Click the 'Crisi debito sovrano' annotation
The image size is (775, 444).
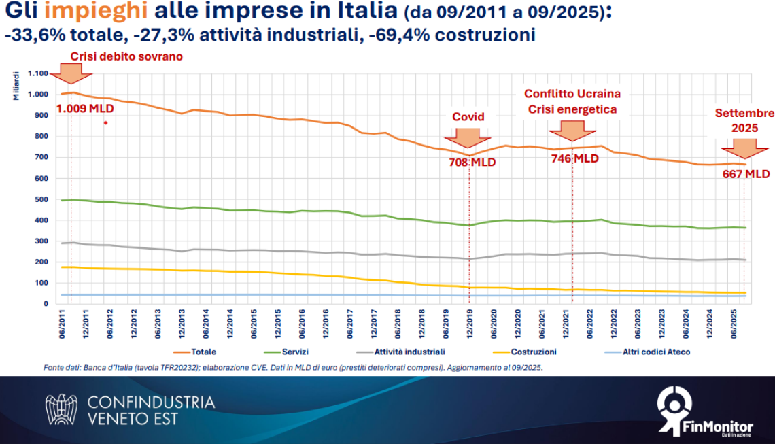coord(126,56)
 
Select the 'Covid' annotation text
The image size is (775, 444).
coord(468,116)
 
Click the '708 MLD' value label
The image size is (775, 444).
coord(472,163)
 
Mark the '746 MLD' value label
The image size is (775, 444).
coord(574,158)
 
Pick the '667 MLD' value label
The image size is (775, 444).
coord(746,174)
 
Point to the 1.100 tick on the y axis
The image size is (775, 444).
coord(37,73)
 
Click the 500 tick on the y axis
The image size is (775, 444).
coord(41,199)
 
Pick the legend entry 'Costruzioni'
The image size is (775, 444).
coord(534,352)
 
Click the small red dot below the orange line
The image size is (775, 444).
coord(105,123)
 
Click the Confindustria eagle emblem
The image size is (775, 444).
coord(61,409)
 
